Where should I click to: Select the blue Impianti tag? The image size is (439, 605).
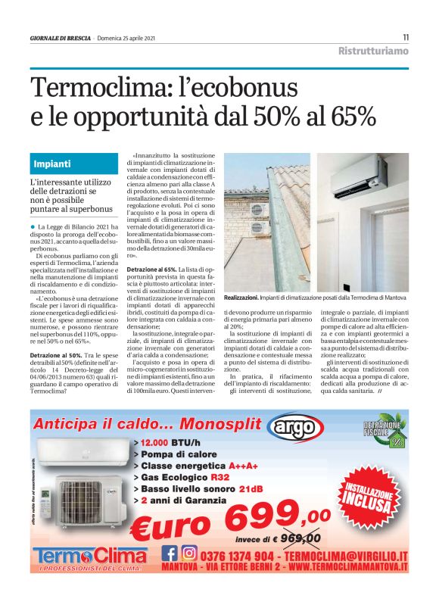pos(52,164)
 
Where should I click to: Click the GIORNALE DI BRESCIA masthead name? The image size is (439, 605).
pos(61,39)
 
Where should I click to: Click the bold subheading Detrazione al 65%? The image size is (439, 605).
pos(151,270)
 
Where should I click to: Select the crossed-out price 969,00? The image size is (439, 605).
pos(301,538)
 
